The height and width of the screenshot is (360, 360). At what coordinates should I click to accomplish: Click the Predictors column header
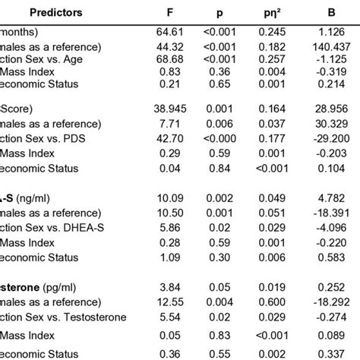tap(66, 13)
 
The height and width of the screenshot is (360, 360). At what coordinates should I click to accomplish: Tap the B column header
tap(329, 13)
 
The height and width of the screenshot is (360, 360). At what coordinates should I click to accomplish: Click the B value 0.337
tap(328, 354)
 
